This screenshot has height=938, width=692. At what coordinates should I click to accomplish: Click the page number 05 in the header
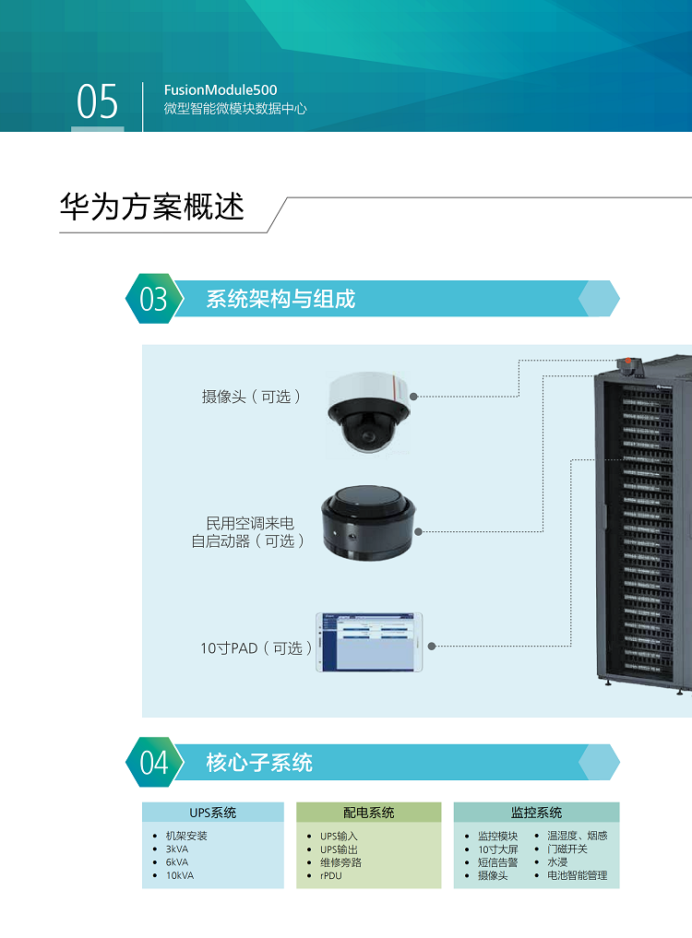[x=97, y=102]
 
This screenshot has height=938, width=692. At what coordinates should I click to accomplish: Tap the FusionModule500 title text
[x=220, y=90]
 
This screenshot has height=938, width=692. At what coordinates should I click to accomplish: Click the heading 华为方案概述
[x=152, y=207]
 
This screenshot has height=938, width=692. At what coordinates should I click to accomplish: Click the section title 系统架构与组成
[x=280, y=299]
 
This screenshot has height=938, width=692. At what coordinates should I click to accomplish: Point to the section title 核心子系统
[x=259, y=763]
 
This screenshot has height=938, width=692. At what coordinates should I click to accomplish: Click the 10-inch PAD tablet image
[x=369, y=641]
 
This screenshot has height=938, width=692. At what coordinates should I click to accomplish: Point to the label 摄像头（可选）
[x=251, y=397]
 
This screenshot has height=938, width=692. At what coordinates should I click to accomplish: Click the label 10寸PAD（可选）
[x=256, y=648]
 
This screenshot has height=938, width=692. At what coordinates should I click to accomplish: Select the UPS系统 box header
[x=213, y=813]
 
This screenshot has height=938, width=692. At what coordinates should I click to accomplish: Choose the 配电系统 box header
[x=368, y=813]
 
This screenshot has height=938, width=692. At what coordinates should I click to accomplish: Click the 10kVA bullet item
[x=180, y=875]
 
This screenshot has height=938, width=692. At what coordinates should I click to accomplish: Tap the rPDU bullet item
[x=330, y=875]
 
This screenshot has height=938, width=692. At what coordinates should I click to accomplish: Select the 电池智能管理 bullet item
[x=577, y=875]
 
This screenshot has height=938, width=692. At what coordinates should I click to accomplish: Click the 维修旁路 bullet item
[x=340, y=862]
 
